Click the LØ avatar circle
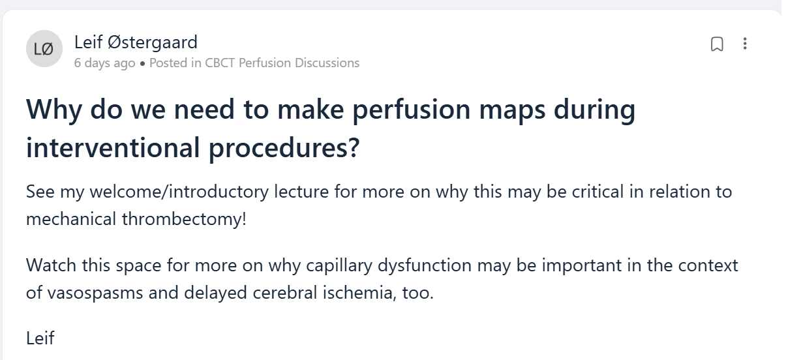pos(44,48)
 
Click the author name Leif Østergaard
pos(136,42)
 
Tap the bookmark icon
pos(717,44)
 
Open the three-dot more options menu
pos(745,44)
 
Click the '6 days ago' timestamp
pos(104,63)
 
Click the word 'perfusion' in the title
pos(411,110)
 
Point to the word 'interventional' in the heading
pos(113,147)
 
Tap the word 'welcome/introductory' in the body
pos(179,192)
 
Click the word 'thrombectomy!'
pos(184,219)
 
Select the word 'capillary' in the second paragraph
pos(339,265)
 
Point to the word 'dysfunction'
pos(424,265)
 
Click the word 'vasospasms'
pos(95,293)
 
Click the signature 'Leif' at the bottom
pos(40,338)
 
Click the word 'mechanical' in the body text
pos(71,219)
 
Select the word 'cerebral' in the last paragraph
pos(284,292)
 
